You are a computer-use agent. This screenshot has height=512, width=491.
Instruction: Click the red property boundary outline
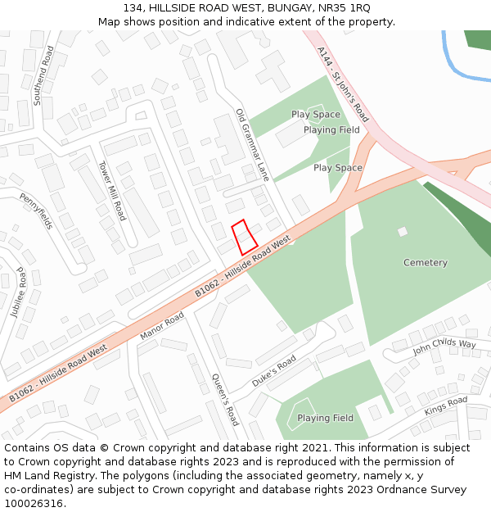point(245,237)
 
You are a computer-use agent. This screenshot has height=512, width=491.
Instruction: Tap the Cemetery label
point(426,263)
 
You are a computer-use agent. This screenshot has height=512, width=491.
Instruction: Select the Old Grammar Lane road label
point(252,145)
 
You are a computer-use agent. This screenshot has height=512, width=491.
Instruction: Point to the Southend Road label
point(43,75)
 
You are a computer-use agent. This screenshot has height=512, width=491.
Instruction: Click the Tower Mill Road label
point(111,190)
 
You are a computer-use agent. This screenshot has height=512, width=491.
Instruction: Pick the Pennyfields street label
point(36,211)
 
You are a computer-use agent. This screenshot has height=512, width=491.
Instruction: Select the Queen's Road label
point(225,399)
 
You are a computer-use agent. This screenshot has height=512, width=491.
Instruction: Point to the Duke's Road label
point(274,371)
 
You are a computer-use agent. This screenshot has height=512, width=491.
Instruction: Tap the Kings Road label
point(446,405)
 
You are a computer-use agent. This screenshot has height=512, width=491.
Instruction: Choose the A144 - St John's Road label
point(343,84)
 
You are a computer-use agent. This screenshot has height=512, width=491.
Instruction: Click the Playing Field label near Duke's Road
point(325,418)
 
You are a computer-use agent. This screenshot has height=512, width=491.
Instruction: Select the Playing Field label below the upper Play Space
point(331,129)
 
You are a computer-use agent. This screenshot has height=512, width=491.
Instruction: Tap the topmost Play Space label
point(316,115)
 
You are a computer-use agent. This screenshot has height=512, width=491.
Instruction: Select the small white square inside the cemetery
point(403,232)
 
